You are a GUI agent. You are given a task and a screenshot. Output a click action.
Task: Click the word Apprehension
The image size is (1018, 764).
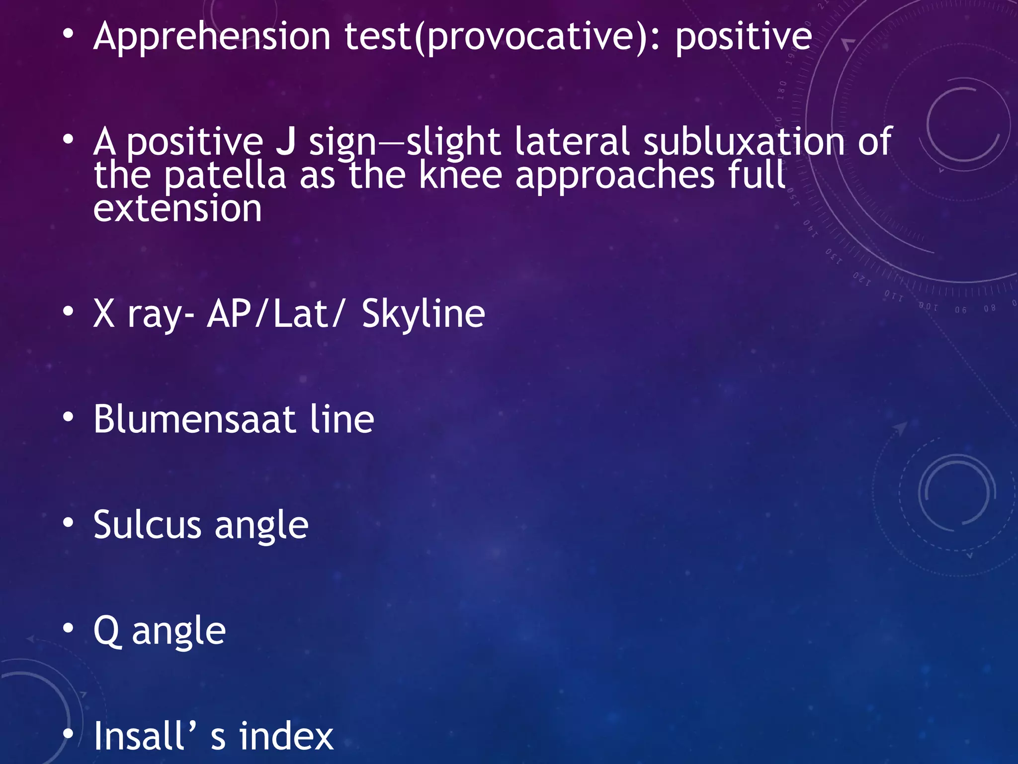click(x=212, y=37)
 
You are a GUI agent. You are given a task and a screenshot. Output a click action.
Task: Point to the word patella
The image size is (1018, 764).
click(x=225, y=176)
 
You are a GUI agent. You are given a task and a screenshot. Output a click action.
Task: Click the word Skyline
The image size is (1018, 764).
click(x=423, y=314)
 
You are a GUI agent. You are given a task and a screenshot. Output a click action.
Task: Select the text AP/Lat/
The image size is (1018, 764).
click(x=275, y=314)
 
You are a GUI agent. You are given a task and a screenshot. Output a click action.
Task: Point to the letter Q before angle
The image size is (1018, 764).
click(x=107, y=631)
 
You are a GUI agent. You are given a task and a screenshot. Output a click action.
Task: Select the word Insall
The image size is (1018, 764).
click(x=139, y=736)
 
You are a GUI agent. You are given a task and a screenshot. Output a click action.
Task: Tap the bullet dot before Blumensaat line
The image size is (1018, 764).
click(x=68, y=417)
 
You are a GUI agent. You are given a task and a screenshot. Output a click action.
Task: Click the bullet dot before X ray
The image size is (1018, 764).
click(x=68, y=312)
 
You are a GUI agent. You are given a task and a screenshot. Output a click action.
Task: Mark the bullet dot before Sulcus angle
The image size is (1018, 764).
click(x=68, y=523)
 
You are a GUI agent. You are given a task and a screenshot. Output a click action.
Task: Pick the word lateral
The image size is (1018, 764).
click(x=572, y=142)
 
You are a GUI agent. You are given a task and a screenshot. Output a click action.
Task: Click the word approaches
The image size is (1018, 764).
click(x=615, y=176)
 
